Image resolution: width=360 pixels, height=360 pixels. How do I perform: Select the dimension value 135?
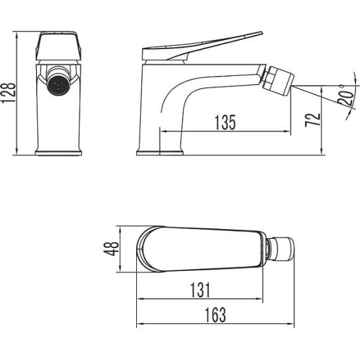click(x=225, y=122)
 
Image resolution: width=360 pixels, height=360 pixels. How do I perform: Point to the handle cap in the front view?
click(x=59, y=47)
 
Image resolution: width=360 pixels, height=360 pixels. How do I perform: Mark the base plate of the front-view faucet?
click(x=59, y=153)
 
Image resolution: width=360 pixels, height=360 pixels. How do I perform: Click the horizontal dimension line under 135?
click(x=225, y=132)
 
